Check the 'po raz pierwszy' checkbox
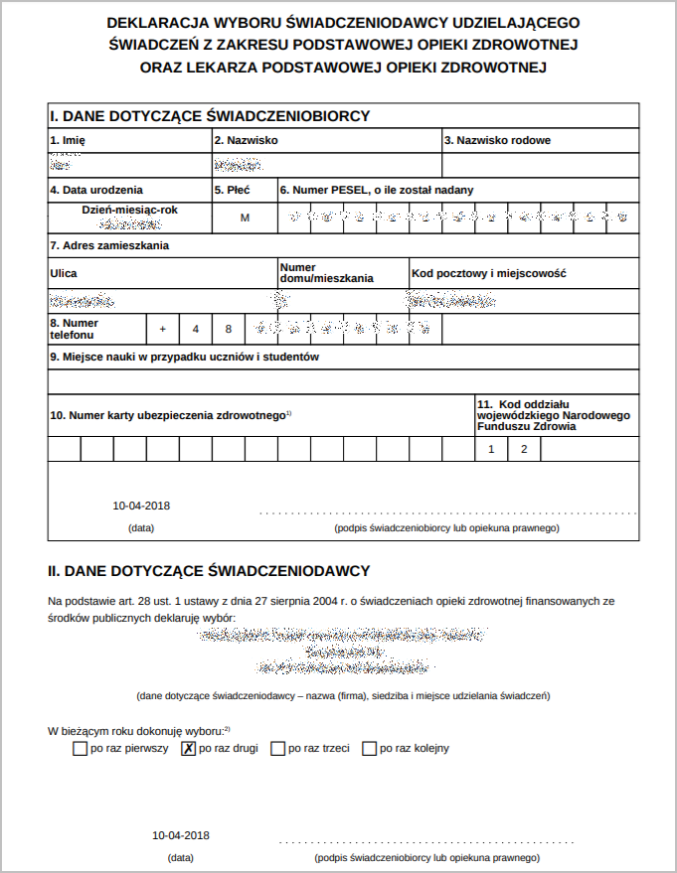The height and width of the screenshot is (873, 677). [x=80, y=749]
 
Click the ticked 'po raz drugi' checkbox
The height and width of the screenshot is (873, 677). [x=188, y=749]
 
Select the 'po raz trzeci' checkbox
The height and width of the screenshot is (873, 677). [x=277, y=749]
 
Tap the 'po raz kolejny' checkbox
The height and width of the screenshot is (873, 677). [x=370, y=749]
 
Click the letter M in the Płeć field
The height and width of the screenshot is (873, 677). [x=245, y=218]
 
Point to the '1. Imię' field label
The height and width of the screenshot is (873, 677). [x=68, y=140]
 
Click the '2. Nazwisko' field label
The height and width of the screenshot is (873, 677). [x=246, y=140]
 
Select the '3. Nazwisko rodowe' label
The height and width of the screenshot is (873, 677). [x=497, y=140]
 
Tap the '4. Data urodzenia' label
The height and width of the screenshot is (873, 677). [x=96, y=190]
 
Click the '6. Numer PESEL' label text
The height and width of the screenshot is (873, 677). [x=377, y=190]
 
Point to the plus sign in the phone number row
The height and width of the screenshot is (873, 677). [x=163, y=329]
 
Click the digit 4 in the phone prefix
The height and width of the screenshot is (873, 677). [x=196, y=329]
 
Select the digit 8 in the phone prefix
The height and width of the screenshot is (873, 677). [x=228, y=329]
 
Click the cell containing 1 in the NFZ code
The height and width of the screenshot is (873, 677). [x=490, y=450]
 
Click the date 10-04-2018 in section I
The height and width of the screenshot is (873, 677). [x=141, y=505]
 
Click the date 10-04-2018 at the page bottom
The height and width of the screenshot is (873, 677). [x=181, y=835]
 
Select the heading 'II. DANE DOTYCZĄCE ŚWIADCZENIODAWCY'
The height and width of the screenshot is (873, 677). [x=210, y=571]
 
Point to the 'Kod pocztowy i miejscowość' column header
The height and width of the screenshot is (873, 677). [x=488, y=272]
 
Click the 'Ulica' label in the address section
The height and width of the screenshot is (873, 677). [x=64, y=272]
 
